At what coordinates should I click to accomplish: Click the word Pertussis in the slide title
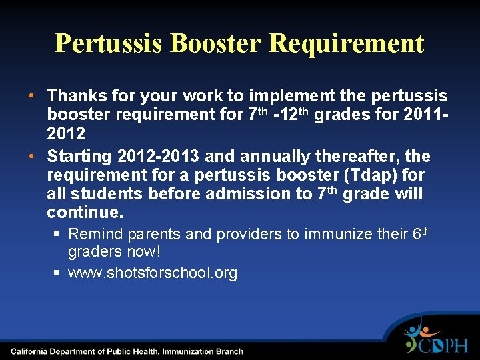tap(108, 43)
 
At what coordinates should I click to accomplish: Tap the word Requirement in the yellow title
tap(346, 43)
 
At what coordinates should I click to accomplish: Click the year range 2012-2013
tap(158, 157)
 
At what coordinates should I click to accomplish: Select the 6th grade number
tap(421, 233)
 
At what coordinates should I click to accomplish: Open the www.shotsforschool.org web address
tap(153, 273)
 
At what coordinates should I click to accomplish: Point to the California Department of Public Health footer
tap(127, 351)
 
